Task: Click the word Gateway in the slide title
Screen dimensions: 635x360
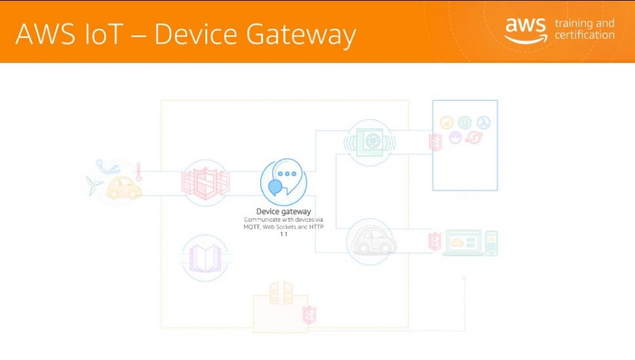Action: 301,35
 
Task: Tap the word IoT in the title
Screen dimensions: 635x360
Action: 103,33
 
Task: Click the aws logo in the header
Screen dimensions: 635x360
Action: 525,30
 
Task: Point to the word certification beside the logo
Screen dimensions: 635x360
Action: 584,35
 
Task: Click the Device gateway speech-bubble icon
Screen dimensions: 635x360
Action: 284,182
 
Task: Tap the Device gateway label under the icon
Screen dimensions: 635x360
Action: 284,211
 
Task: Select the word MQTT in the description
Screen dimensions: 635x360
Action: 251,227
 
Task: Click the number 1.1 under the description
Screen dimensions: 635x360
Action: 284,234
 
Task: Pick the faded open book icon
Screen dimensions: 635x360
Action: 205,258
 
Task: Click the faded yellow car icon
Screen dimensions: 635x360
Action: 123,188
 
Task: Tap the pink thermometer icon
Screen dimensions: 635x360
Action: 138,172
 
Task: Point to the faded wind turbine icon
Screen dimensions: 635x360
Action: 95,185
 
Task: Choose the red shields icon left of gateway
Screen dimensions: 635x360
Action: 205,183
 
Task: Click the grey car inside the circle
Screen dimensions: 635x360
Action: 372,241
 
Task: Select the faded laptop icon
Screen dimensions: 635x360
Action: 464,243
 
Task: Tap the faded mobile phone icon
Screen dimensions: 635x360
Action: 491,243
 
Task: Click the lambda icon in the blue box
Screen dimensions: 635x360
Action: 483,122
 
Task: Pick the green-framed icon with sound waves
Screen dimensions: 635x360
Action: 369,142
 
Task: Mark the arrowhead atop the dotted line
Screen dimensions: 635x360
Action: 464,278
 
